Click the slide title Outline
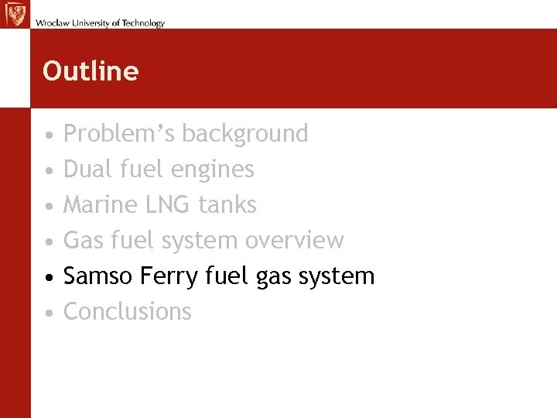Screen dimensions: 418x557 (x=91, y=71)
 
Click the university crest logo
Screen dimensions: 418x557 (x=15, y=15)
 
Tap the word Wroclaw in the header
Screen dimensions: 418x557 (x=50, y=23)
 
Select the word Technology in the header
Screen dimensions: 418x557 (x=140, y=23)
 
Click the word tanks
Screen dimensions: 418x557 (x=227, y=205)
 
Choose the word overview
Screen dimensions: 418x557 (x=294, y=241)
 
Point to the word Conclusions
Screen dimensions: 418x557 (x=127, y=312)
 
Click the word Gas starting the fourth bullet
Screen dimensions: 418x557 (x=84, y=241)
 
